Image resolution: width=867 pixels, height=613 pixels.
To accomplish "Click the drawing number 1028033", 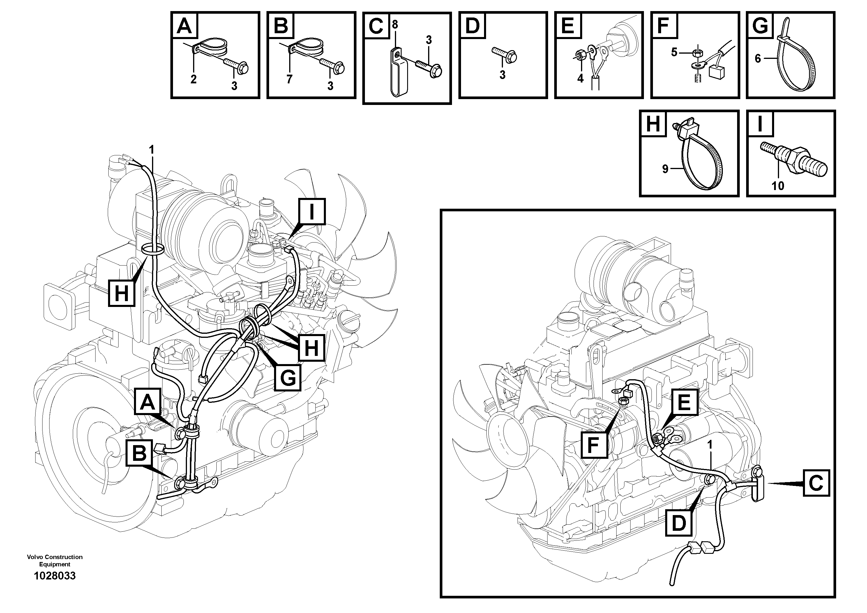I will (54, 576).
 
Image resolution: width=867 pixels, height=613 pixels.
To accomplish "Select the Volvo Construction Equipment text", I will (54, 561).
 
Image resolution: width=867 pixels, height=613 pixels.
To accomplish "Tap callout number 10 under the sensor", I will (778, 186).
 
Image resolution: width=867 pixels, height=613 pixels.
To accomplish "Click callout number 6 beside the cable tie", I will (757, 59).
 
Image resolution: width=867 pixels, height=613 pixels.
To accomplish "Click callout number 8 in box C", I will (395, 24).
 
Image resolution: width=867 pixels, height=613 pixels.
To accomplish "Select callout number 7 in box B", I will (289, 79).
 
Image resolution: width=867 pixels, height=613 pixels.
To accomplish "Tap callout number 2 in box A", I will (193, 79).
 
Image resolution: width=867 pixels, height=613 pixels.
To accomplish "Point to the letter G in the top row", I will (760, 26).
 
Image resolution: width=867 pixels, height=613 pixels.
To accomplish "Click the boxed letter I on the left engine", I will (312, 212).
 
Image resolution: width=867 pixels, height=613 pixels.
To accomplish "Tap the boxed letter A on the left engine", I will (148, 402).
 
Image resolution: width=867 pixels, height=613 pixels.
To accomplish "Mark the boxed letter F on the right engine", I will (593, 445).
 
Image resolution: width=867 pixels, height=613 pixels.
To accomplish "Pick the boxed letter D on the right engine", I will (679, 524).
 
